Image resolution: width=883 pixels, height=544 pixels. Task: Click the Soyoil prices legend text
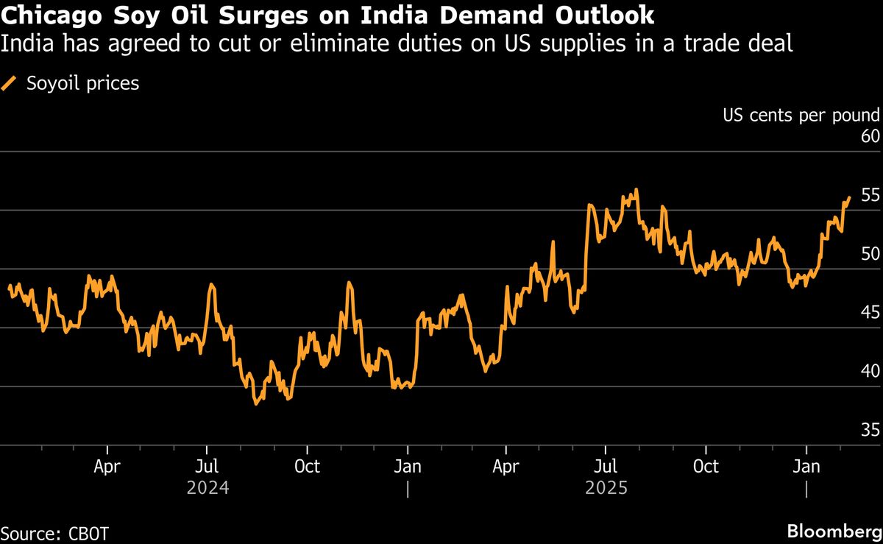click(82, 84)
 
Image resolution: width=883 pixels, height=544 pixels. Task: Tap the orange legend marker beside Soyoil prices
click(10, 84)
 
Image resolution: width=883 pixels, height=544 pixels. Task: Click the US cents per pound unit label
click(801, 115)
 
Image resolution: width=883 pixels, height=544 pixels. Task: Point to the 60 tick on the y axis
click(870, 137)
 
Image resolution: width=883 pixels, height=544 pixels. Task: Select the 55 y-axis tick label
click(870, 196)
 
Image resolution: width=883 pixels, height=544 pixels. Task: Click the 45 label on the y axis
click(870, 314)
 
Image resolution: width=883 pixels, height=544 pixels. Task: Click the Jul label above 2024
click(207, 467)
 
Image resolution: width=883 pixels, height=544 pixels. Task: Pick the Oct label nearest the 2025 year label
click(706, 467)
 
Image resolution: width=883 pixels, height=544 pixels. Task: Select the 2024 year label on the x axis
click(207, 487)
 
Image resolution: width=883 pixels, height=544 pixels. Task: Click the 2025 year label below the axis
click(606, 487)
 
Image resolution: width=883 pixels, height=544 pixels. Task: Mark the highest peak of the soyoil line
click(636, 189)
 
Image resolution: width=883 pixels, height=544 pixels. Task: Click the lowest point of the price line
click(256, 403)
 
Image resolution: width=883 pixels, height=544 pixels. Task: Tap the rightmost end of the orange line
click(849, 197)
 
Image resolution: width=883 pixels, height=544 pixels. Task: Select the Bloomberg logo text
click(834, 531)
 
